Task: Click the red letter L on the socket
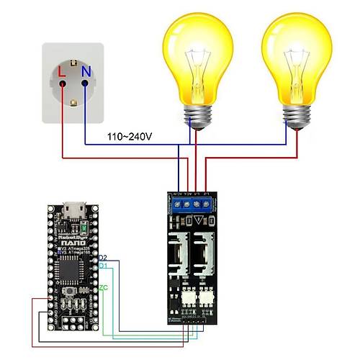pyautogui.click(x=62, y=71)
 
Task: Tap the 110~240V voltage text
pyautogui.click(x=129, y=136)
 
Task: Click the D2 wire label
pyautogui.click(x=103, y=257)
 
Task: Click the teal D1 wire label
pyautogui.click(x=103, y=266)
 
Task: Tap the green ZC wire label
pyautogui.click(x=103, y=287)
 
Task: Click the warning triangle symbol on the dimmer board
pyautogui.click(x=192, y=221)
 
